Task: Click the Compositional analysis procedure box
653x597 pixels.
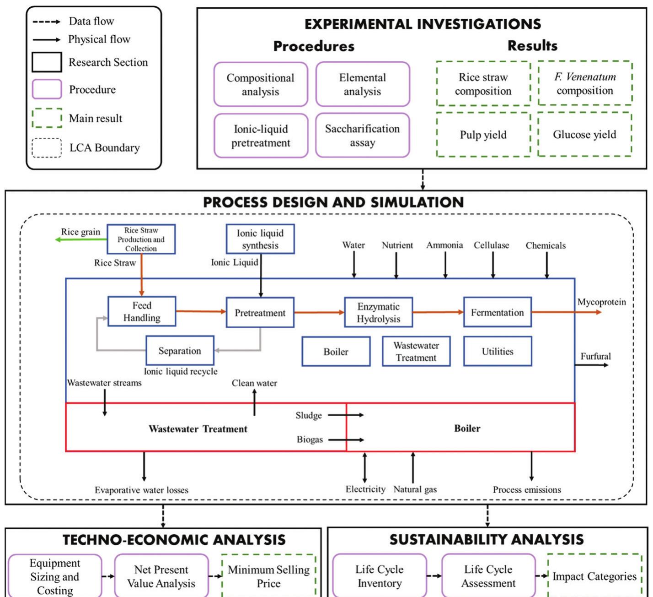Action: tap(260, 85)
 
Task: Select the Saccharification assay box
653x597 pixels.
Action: tap(362, 136)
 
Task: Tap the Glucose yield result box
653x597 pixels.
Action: tap(584, 135)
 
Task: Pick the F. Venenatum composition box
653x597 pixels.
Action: tap(585, 83)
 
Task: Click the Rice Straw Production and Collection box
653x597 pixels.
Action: tap(141, 239)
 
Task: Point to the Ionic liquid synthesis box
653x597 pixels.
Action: tap(260, 239)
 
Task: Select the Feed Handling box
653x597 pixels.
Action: tap(142, 311)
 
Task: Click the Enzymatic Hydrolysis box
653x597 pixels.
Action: tap(378, 313)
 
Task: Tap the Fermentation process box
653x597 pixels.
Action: tap(497, 312)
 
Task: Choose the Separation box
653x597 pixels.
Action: tap(180, 351)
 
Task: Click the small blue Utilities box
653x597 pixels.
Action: tap(497, 351)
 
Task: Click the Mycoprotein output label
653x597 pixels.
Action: tap(601, 302)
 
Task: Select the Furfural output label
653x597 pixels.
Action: tap(595, 356)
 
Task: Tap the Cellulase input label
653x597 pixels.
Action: tap(491, 245)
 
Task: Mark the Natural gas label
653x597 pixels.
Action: tap(415, 489)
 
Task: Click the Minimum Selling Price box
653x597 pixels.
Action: tap(268, 576)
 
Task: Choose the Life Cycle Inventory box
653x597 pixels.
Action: tap(379, 576)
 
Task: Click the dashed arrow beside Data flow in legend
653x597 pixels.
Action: tap(46, 22)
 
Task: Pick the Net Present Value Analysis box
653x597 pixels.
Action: tap(161, 576)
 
